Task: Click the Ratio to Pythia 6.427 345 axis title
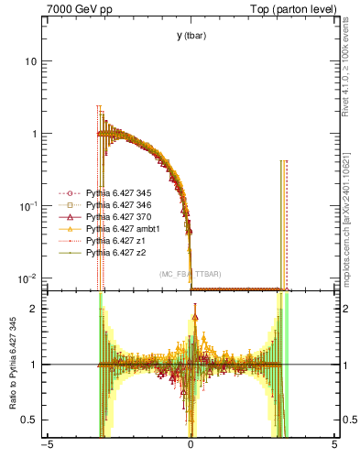click(15, 364)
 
